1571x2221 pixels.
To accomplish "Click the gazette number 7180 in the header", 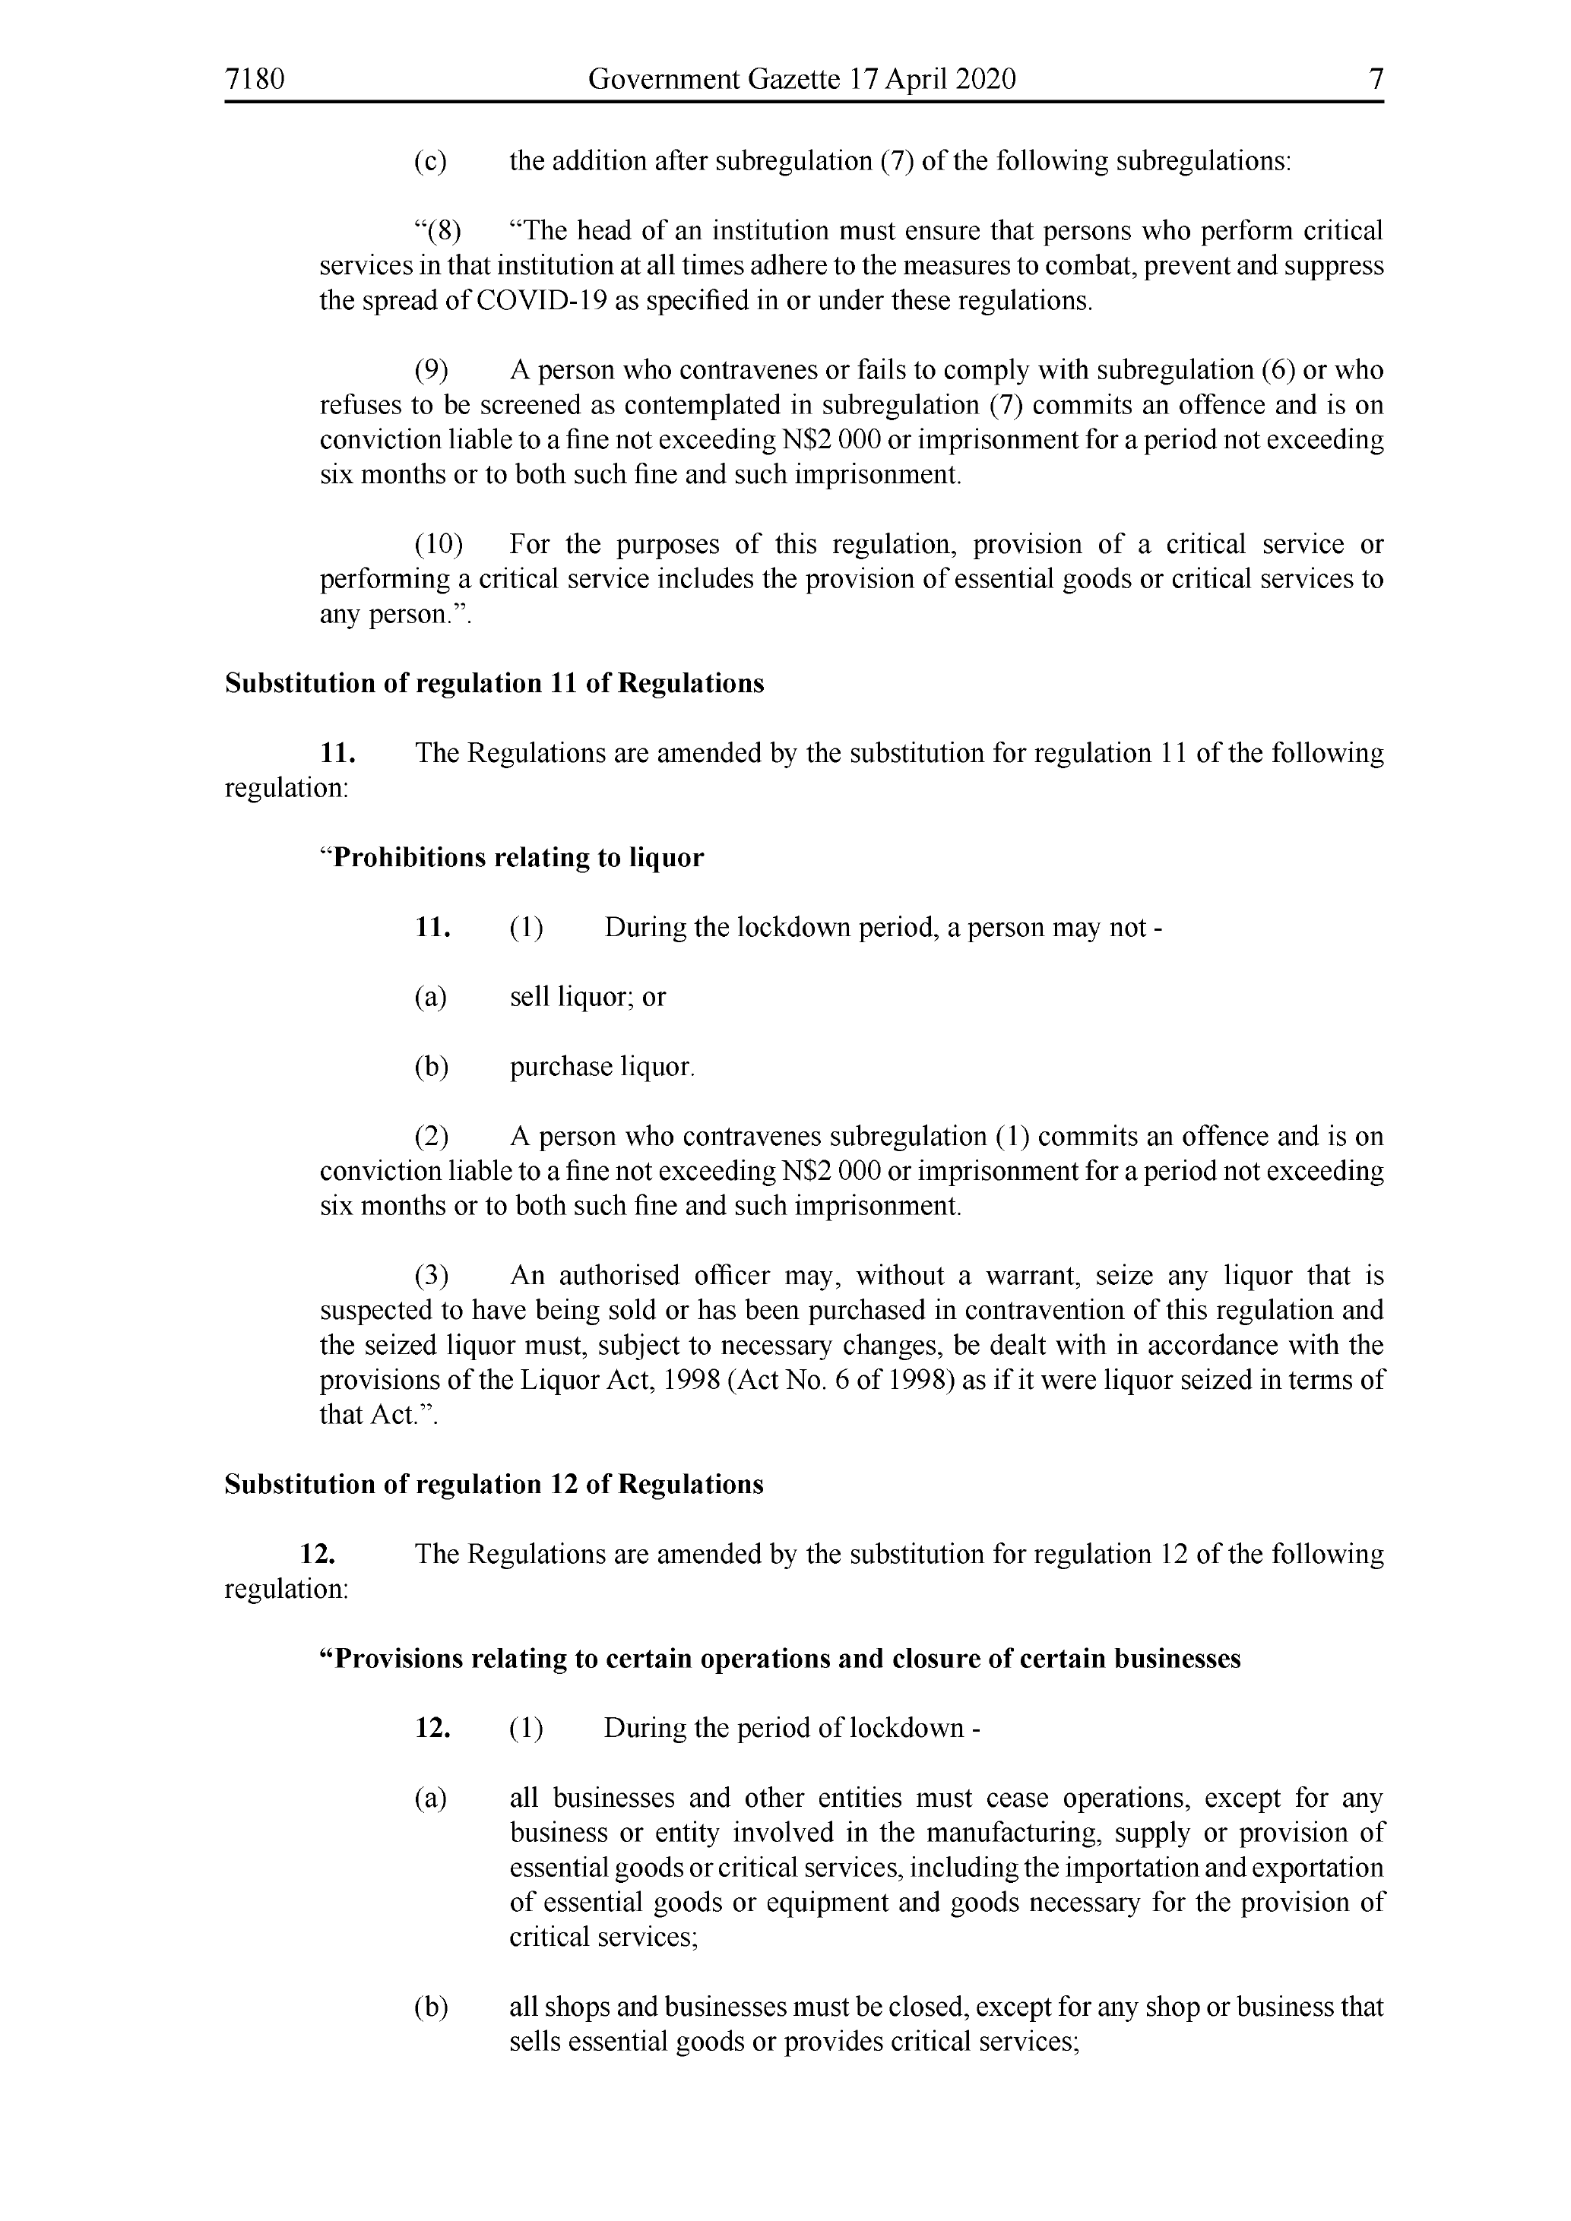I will click(255, 79).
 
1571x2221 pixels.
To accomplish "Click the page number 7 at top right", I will click(1376, 79).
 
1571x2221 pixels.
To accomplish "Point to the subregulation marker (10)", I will click(439, 545).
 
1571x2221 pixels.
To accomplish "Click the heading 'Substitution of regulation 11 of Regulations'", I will click(494, 684).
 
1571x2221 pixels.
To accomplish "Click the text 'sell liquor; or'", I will click(588, 998).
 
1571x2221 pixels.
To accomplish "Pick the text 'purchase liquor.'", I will click(602, 1067).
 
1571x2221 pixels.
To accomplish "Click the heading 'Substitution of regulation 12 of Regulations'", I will click(494, 1485).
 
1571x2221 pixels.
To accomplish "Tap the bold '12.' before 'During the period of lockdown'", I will click(432, 1729).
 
